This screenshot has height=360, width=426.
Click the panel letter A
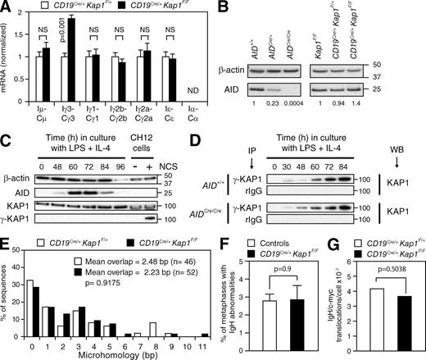click(x=7, y=8)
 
